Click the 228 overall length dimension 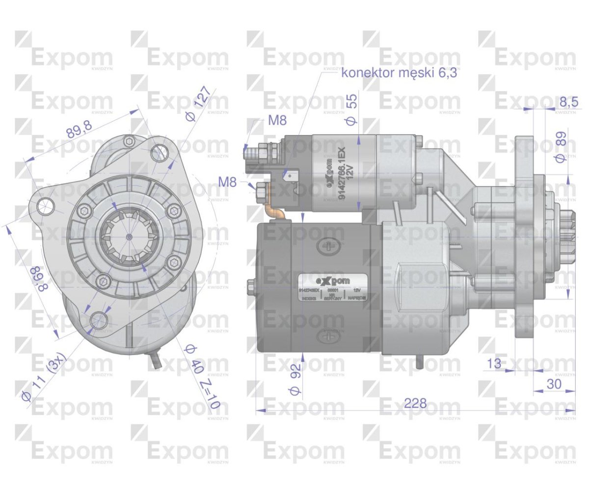415,404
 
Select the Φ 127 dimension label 200,104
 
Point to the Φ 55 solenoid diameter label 352,109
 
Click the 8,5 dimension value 568,102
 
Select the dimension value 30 554,384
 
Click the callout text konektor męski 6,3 399,73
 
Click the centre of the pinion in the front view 129,237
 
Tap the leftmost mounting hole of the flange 45,205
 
